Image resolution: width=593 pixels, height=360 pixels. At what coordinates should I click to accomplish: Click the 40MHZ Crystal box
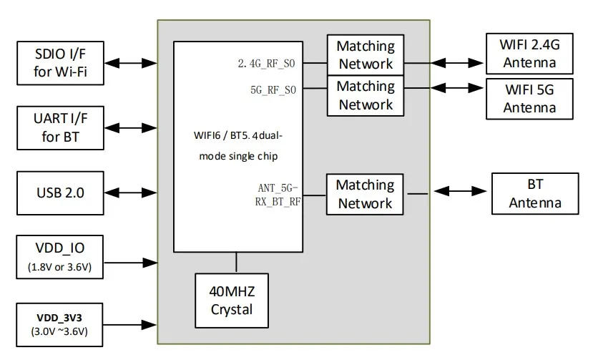[232, 300]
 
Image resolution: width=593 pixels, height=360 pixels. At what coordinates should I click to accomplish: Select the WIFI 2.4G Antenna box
[529, 54]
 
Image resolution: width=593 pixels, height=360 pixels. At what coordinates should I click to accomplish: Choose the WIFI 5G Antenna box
[529, 99]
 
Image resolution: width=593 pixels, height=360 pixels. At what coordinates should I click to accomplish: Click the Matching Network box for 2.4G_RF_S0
[366, 55]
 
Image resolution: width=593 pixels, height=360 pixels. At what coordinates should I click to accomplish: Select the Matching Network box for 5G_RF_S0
[366, 95]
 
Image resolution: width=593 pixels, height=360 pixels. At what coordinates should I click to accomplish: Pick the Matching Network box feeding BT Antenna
[366, 194]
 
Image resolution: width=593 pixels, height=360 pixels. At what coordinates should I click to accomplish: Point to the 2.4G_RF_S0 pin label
[267, 64]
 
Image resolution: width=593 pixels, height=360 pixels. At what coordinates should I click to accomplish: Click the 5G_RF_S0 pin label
[273, 89]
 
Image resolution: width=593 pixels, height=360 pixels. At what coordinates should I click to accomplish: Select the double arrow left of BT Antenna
[461, 192]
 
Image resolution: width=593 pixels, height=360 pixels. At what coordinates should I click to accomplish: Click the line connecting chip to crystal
[235, 262]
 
